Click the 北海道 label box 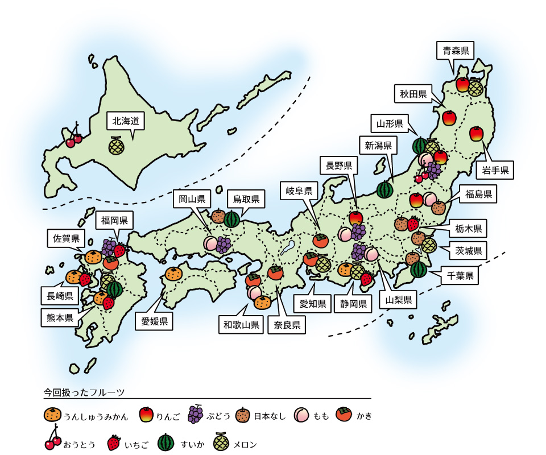tap(126, 121)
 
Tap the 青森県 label tap(456, 51)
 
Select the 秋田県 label tap(413, 94)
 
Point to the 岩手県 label tap(495, 169)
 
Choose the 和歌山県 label tap(241, 325)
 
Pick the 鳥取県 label tap(246, 199)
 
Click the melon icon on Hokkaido tap(117, 146)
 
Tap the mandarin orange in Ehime tap(174, 275)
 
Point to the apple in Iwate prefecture tap(477, 134)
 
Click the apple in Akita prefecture tap(449, 118)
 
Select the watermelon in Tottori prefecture tap(231, 219)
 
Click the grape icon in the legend tap(195, 415)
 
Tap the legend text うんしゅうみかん tap(96, 416)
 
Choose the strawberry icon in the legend tap(114, 443)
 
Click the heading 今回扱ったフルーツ tap(84, 392)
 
